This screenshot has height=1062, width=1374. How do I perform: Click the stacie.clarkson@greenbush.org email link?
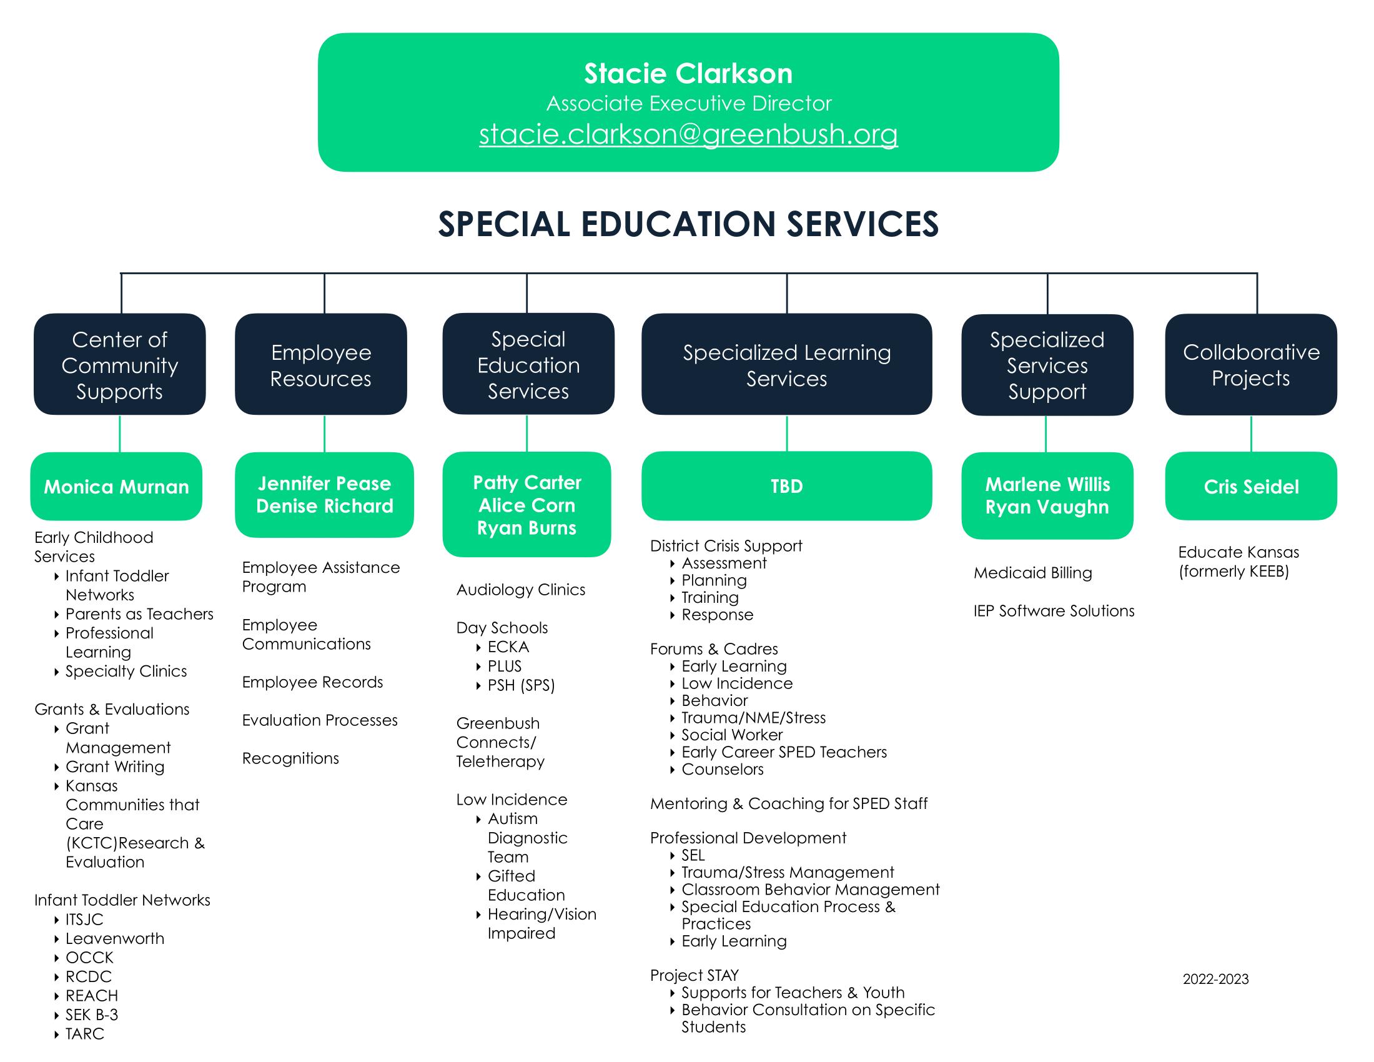(x=688, y=134)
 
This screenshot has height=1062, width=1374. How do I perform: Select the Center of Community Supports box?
(x=119, y=365)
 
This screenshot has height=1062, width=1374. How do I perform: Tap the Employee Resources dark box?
(x=321, y=365)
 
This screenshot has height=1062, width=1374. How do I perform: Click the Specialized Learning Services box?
(x=786, y=365)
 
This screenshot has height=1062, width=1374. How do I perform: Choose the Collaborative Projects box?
(x=1251, y=365)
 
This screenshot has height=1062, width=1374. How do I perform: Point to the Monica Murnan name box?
(x=116, y=486)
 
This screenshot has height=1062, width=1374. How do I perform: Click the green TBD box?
(x=786, y=486)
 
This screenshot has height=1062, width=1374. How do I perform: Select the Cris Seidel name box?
(x=1251, y=486)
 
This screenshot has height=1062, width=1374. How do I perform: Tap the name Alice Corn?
(x=526, y=505)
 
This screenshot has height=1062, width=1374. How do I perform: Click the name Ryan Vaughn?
(x=1047, y=507)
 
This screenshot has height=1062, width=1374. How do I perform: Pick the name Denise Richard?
(x=325, y=506)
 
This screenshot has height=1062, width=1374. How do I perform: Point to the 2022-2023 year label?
(x=1215, y=979)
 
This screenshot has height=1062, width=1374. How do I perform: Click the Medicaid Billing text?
(x=1032, y=573)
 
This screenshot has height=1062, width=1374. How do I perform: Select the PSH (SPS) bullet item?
(x=521, y=685)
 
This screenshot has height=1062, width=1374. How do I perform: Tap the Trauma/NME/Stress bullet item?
(x=753, y=718)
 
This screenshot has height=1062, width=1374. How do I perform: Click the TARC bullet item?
(x=85, y=1034)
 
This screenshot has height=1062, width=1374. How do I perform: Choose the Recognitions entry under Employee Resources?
(x=290, y=758)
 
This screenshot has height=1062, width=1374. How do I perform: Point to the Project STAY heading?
(x=694, y=975)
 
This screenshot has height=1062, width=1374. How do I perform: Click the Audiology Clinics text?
(x=520, y=590)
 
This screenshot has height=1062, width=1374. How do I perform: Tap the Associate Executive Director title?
(x=688, y=103)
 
